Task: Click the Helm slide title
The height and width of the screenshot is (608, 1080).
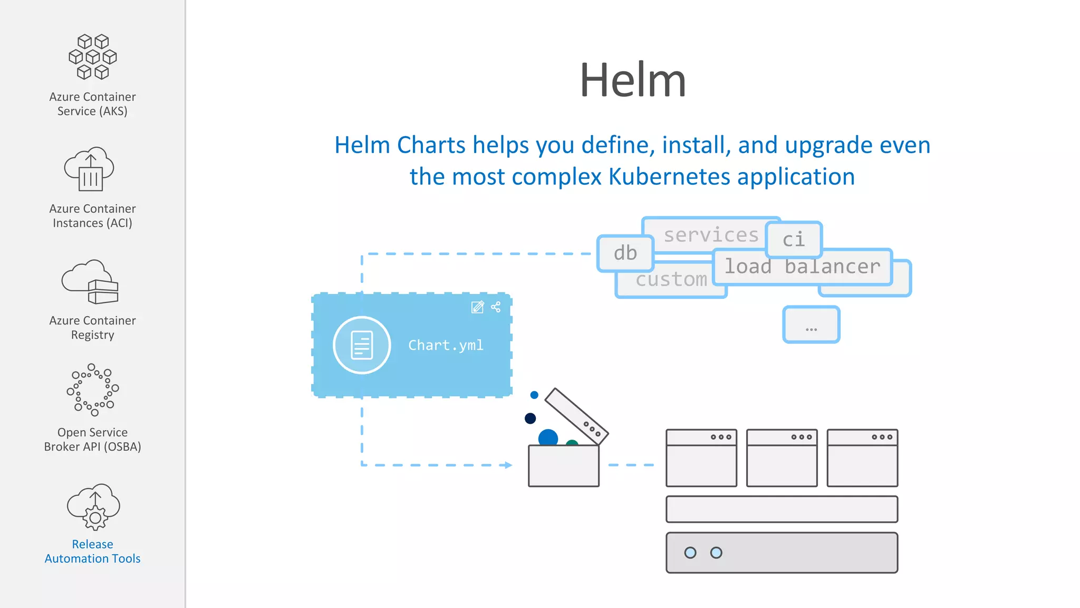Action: pos(632,80)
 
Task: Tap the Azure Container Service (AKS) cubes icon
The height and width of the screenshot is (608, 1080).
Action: pos(93,57)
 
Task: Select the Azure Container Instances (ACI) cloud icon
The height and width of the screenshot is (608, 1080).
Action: pos(89,169)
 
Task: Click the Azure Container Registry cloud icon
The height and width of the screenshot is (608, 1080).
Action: pos(90,282)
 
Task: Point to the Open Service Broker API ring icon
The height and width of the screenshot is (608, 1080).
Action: pos(93,389)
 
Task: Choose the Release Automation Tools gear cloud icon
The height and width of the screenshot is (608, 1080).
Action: pos(93,506)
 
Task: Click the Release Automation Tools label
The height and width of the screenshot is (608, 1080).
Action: pos(93,551)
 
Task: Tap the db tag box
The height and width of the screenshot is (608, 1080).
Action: pos(625,253)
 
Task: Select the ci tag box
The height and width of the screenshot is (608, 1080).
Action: pos(794,239)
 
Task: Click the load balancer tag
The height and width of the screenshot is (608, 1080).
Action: pos(802,267)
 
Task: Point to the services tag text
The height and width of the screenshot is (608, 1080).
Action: pos(710,235)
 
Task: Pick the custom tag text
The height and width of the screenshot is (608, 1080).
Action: pos(671,279)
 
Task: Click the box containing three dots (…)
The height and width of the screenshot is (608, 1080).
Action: pos(811,325)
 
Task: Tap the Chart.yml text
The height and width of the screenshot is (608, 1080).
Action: pos(446,345)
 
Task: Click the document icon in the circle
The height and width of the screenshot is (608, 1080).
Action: pos(362,345)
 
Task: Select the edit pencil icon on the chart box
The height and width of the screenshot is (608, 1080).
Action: pos(477,307)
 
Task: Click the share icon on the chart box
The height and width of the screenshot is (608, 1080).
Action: pos(496,307)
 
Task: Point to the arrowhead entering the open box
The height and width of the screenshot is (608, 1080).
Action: pos(508,465)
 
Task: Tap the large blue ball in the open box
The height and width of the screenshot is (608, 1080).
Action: pos(548,438)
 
